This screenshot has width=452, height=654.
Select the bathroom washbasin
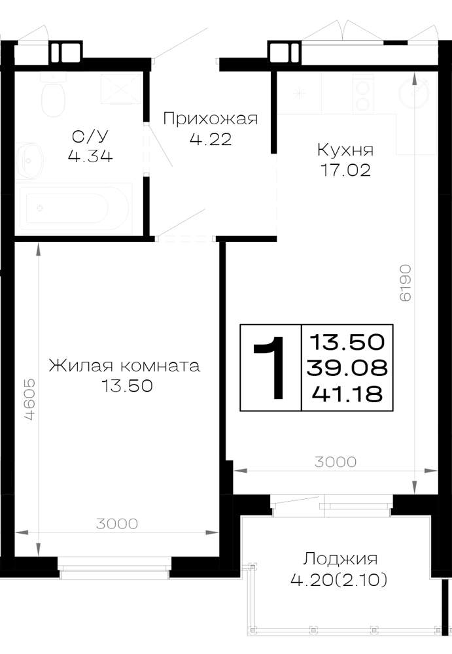click(x=29, y=160)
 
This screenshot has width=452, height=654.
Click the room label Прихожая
click(x=211, y=119)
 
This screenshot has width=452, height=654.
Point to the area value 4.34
click(x=90, y=156)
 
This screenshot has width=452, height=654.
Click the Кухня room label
click(x=345, y=150)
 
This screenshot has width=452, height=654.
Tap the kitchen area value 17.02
click(x=345, y=170)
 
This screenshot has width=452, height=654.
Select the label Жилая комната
click(x=124, y=366)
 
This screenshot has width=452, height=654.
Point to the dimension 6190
click(x=406, y=283)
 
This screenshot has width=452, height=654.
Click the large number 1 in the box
click(x=270, y=368)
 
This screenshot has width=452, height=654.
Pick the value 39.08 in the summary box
click(x=347, y=368)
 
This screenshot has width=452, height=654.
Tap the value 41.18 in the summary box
click(x=347, y=393)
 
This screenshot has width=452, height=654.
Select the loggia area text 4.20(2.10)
click(x=338, y=579)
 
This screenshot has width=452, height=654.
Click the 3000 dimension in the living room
click(x=117, y=524)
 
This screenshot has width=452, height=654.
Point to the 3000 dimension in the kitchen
click(x=336, y=462)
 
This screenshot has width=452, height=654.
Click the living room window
click(x=114, y=568)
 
